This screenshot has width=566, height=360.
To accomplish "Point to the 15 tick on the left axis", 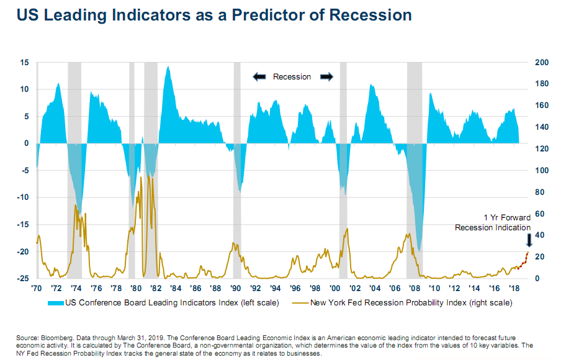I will (25, 63).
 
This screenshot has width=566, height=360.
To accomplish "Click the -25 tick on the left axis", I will (23, 279).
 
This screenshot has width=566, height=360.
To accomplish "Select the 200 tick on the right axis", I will (541, 63).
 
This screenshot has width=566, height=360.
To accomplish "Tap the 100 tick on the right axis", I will (541, 171).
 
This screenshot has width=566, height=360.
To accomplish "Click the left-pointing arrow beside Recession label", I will (259, 76).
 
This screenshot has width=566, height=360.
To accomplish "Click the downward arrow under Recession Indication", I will (529, 240).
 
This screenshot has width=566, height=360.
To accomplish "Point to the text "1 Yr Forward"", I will (508, 218).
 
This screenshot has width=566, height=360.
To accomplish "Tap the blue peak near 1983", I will (168, 67).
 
